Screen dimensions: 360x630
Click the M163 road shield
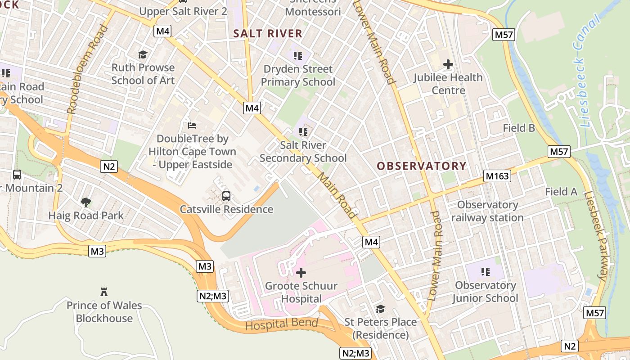(497, 176)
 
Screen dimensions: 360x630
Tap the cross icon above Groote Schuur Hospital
(301, 272)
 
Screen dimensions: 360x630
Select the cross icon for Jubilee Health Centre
(448, 64)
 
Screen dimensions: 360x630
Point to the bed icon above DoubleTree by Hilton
(192, 125)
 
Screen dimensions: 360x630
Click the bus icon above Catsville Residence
(226, 196)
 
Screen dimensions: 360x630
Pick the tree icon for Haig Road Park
(85, 202)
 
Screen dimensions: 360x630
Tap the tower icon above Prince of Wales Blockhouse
(104, 292)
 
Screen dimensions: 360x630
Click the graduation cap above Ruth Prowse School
(143, 54)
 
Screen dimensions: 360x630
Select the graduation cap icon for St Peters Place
(380, 309)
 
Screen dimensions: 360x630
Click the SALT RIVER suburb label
(268, 33)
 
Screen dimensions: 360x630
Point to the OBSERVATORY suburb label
(421, 166)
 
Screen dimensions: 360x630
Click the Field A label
(561, 192)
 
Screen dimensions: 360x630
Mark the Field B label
(519, 128)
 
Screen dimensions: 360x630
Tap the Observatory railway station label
(487, 211)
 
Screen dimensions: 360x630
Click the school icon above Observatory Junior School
(485, 271)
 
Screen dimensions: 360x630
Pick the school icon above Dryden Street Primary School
(297, 56)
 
